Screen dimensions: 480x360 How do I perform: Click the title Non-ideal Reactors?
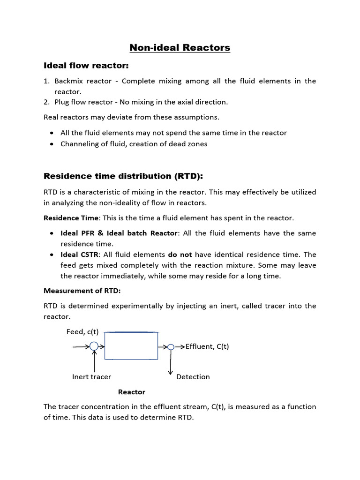pyautogui.click(x=180, y=47)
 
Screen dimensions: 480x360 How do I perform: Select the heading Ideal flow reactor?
pyautogui.click(x=86, y=65)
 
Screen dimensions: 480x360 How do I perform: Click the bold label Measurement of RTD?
pyautogui.click(x=82, y=291)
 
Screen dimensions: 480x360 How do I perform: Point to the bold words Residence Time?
pyautogui.click(x=71, y=218)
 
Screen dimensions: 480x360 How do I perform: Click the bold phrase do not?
pyautogui.click(x=180, y=255)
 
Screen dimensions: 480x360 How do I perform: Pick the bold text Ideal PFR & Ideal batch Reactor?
pyautogui.click(x=119, y=233)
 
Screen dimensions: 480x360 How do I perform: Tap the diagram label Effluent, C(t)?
pyautogui.click(x=207, y=347)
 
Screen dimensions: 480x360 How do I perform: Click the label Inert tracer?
pyautogui.click(x=91, y=376)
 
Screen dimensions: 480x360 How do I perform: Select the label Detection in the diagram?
pyautogui.click(x=193, y=376)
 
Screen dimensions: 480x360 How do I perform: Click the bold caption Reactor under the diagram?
pyautogui.click(x=132, y=392)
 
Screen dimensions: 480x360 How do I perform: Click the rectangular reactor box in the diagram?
pyautogui.click(x=131, y=346)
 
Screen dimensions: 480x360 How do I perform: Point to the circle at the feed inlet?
pyautogui.click(x=94, y=346)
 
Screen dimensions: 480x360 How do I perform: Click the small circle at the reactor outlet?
pyautogui.click(x=171, y=347)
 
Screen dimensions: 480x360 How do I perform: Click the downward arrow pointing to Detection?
pyautogui.click(x=171, y=363)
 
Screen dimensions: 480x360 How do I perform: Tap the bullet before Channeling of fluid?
pyautogui.click(x=51, y=144)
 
